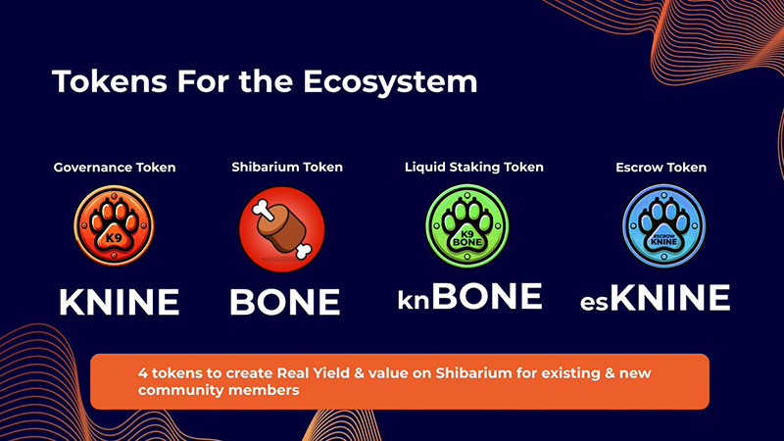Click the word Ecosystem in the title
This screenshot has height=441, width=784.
pos(390,81)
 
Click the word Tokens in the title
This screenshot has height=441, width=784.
pos(110,81)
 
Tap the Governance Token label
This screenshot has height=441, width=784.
pos(115,168)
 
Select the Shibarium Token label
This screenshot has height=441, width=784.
pos(287,167)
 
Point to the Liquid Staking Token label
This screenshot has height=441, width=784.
pos(474,167)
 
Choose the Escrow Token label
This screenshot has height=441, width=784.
pos(661,168)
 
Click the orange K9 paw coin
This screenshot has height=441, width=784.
pos(114,226)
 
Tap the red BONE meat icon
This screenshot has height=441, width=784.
pos(282,229)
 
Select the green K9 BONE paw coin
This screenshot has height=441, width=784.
pos(467,226)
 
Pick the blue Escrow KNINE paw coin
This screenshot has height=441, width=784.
pos(664,226)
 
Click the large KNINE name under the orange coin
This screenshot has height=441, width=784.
pos(119,302)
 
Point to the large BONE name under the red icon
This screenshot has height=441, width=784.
pos(285,302)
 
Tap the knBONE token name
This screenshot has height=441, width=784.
pos(470,297)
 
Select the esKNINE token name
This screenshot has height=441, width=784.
pos(655,298)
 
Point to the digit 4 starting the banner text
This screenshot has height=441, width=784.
pos(143,373)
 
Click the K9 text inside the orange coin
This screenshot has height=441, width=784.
pos(114,238)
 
